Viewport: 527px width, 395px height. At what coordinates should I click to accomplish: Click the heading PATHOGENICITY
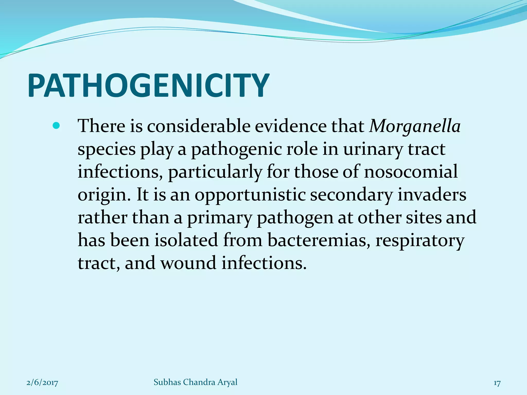(148, 85)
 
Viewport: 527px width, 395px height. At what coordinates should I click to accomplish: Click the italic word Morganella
(415, 126)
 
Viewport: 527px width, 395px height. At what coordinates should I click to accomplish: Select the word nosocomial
(411, 172)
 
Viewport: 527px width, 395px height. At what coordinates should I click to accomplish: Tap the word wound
(188, 263)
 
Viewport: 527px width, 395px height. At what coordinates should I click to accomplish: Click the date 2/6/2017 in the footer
(42, 383)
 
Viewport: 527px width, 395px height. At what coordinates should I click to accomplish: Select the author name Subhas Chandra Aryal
(195, 382)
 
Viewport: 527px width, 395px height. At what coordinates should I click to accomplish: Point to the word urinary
(372, 149)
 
